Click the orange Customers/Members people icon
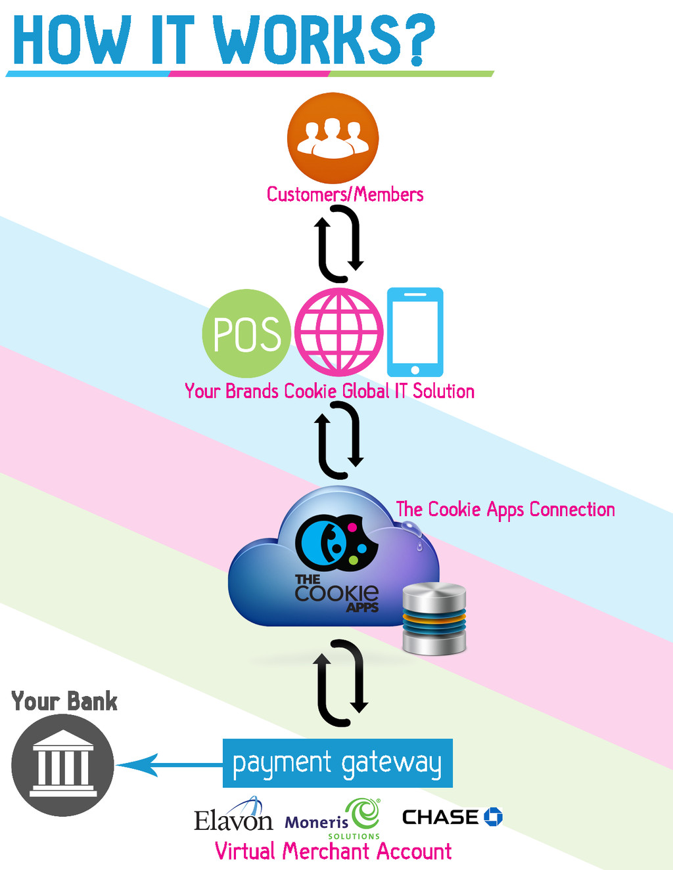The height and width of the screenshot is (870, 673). tap(333, 138)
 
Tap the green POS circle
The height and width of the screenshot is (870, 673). tap(246, 334)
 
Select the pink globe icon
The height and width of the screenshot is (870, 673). tap(339, 332)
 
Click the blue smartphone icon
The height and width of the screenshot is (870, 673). tap(415, 332)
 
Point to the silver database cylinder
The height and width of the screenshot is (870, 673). tap(434, 619)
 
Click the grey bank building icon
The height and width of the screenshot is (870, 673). tap(62, 765)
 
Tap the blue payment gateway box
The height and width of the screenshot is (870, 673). tap(337, 763)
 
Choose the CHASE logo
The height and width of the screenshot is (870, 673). tap(452, 817)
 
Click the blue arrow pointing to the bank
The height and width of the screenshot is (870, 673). tap(168, 765)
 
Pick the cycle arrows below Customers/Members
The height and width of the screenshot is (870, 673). tap(339, 244)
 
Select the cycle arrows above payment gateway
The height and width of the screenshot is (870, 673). tap(340, 683)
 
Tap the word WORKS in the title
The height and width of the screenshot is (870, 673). tap(306, 41)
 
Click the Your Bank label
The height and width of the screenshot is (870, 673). tap(64, 701)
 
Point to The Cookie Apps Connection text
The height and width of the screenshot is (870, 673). tap(505, 510)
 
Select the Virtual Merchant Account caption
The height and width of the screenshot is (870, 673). tap(333, 852)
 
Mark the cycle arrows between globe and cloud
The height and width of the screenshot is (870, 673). tap(340, 440)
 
